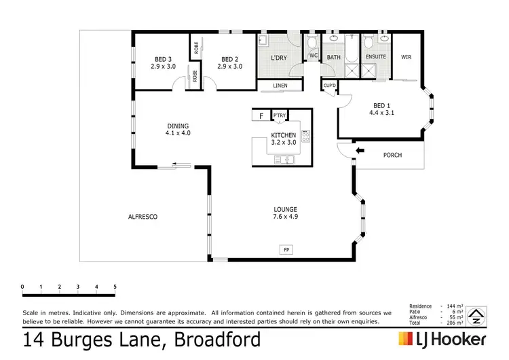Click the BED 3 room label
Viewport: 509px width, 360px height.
pyautogui.click(x=162, y=59)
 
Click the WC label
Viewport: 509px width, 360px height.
pyautogui.click(x=314, y=56)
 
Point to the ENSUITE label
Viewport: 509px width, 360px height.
pyautogui.click(x=375, y=58)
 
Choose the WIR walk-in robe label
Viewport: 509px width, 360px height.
pyautogui.click(x=407, y=58)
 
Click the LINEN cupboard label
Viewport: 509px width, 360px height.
pyautogui.click(x=280, y=86)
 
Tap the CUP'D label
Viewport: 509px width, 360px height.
pyautogui.click(x=330, y=85)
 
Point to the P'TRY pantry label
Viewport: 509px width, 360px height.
pyautogui.click(x=279, y=116)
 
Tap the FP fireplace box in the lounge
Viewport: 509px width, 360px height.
pyautogui.click(x=287, y=251)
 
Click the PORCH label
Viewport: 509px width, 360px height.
pyautogui.click(x=392, y=155)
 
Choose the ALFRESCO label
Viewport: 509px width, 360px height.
pyautogui.click(x=143, y=217)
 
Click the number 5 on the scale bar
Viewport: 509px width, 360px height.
pyautogui.click(x=115, y=287)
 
